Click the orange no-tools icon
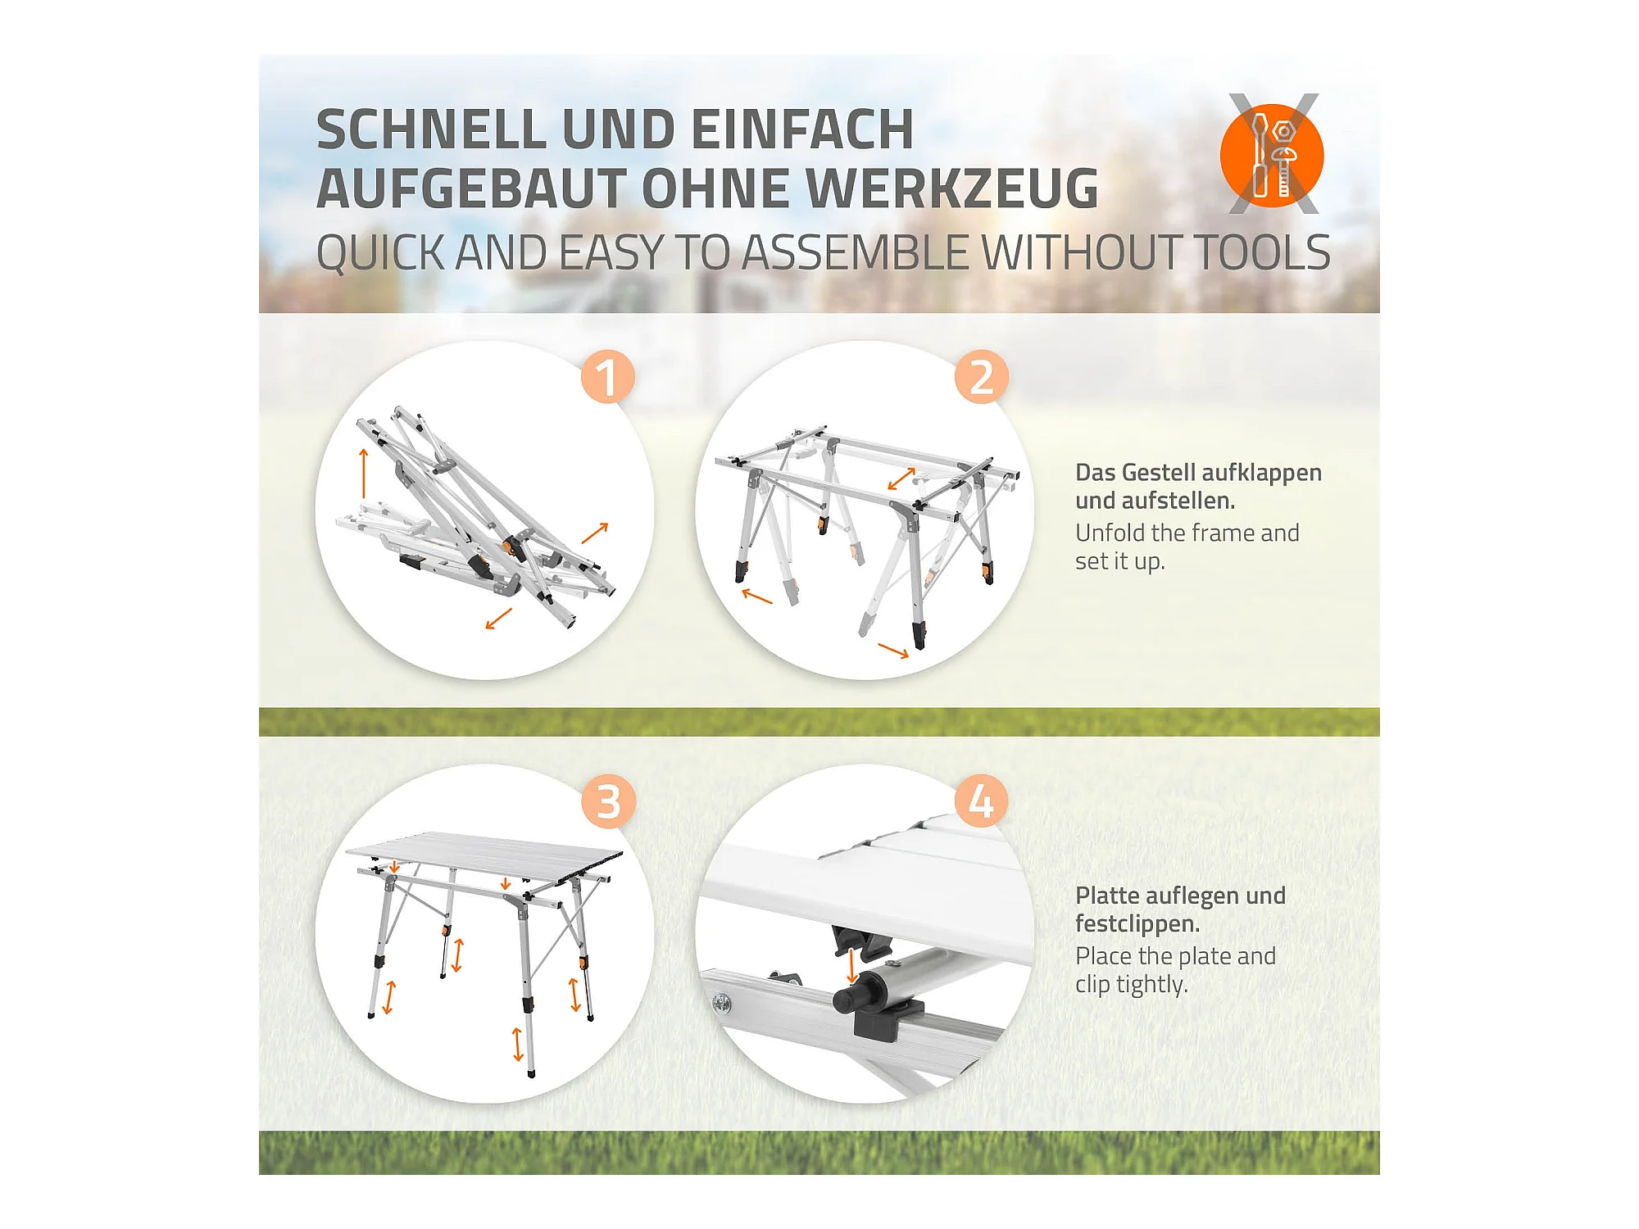1272,155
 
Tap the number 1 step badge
607,377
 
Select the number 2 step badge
981,377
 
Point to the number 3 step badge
608,800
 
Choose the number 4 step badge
981,800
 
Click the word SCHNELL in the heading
431,129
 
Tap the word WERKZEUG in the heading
953,188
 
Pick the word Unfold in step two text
1110,533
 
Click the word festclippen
1137,924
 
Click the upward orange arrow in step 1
364,473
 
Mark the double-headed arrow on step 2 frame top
901,478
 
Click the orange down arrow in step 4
851,964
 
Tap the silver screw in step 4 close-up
722,1002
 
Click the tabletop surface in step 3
484,857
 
